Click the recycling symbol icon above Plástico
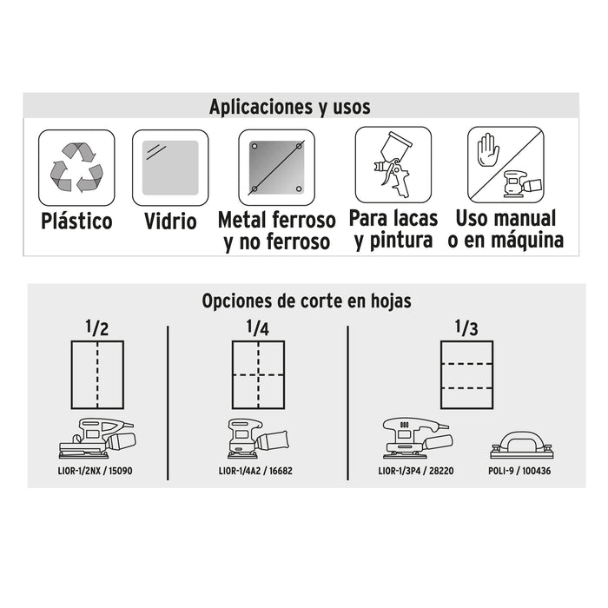(76, 167)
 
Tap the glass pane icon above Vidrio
(170, 168)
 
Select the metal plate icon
(276, 168)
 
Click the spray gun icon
(393, 164)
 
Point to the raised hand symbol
(488, 149)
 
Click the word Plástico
(76, 221)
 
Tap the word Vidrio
(170, 221)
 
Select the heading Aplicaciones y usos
(289, 107)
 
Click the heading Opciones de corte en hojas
(307, 301)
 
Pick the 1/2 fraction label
(97, 327)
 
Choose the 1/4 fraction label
(257, 327)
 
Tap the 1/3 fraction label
(466, 327)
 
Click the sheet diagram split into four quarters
(258, 374)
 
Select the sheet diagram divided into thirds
(467, 374)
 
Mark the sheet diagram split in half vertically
(97, 374)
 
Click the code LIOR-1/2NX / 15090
(95, 471)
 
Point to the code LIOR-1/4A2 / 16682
(255, 471)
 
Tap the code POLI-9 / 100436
(519, 471)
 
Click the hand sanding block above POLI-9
(521, 445)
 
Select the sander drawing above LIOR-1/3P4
(417, 438)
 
